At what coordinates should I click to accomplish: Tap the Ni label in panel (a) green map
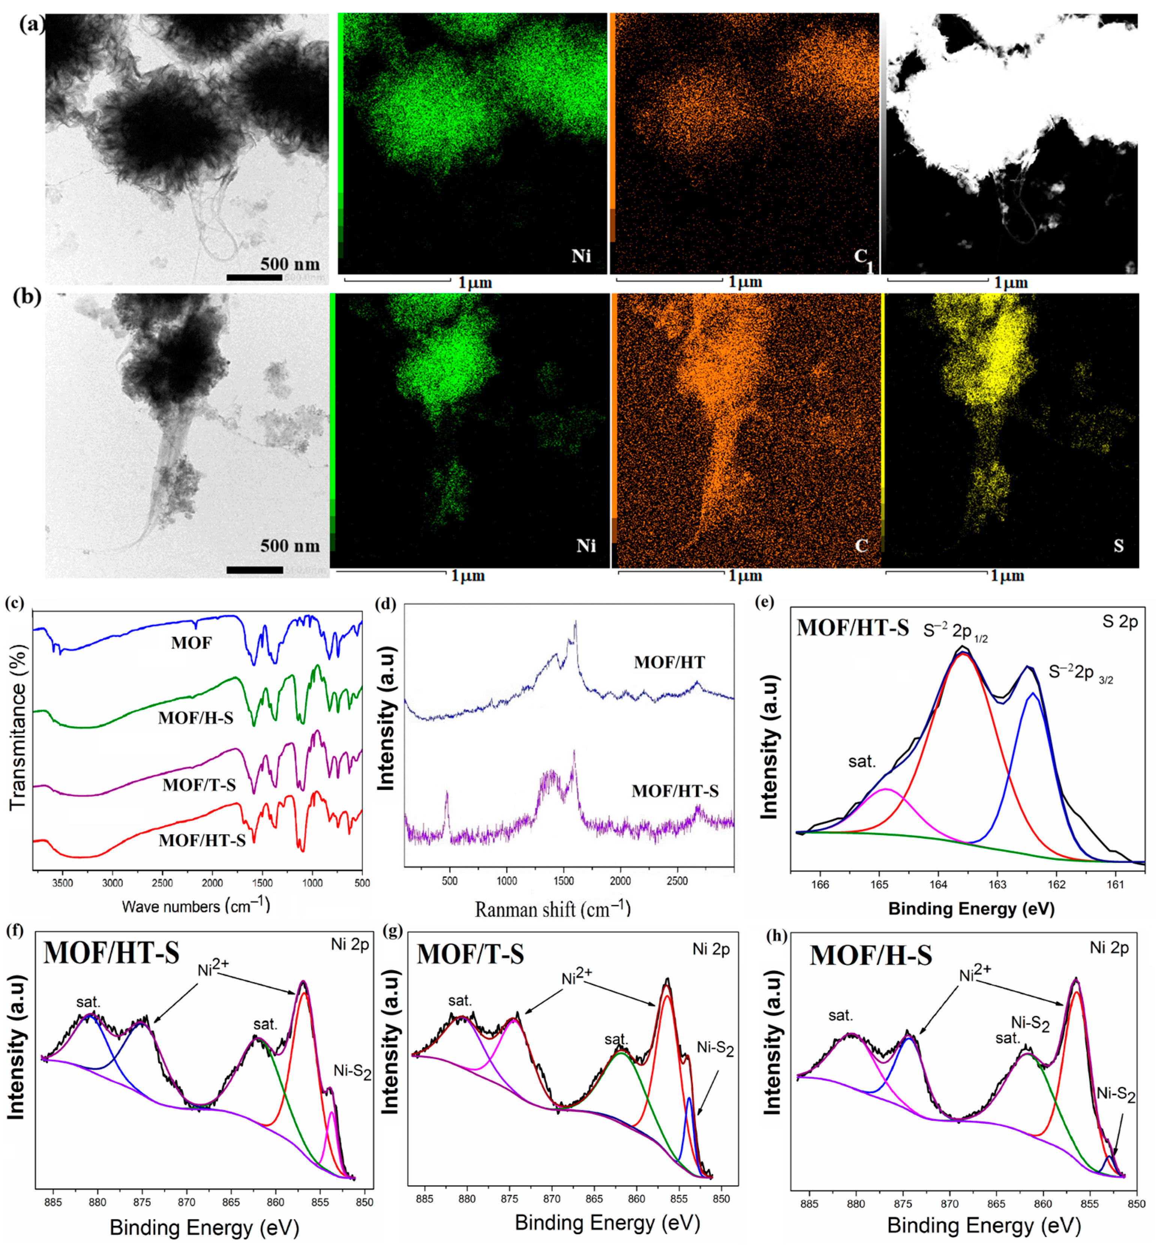[x=581, y=256]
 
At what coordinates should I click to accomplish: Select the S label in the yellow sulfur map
[x=1118, y=546]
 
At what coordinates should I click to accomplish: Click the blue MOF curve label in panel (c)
[x=191, y=643]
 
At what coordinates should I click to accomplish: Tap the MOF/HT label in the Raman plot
[x=669, y=662]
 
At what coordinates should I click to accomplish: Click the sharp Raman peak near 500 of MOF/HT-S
[x=447, y=795]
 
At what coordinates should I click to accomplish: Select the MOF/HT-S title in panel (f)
[x=111, y=953]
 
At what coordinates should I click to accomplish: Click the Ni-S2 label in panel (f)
[x=352, y=1072]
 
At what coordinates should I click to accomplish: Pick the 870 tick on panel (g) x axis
[x=552, y=1199]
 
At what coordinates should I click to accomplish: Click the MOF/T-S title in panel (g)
[x=470, y=954]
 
